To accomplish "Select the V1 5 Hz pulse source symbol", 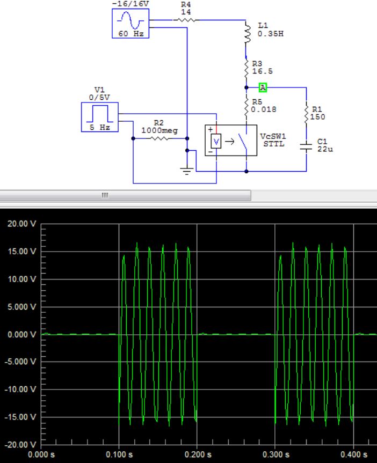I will [x=99, y=117].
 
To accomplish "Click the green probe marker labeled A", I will [x=263, y=87].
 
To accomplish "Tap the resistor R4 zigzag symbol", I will [x=185, y=20].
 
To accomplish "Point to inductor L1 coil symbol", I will [x=247, y=33].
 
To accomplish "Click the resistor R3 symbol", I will [x=246, y=69].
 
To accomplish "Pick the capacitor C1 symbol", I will [x=306, y=146].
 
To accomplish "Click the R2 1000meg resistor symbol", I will [x=160, y=138].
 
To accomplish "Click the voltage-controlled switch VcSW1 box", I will [x=231, y=141].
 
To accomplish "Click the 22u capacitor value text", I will [x=325, y=149].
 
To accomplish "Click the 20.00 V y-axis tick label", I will [x=21, y=224].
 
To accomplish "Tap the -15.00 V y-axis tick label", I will [x=21, y=417].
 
